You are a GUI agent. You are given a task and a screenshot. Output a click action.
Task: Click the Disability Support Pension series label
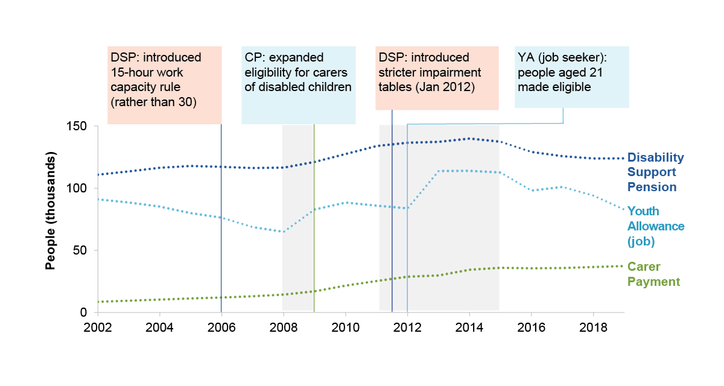point(656,172)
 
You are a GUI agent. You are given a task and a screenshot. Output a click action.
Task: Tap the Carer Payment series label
point(653,274)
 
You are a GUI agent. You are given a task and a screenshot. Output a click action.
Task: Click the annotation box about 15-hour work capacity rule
point(164,84)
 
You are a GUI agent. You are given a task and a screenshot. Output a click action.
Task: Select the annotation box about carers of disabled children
point(298,84)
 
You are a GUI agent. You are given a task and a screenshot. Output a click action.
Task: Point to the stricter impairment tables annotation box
point(437,78)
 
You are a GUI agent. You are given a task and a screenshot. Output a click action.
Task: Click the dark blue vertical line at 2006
point(221,241)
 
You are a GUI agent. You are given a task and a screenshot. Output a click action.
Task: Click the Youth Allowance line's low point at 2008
point(284,232)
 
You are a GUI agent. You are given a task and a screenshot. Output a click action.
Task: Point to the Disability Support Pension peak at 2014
point(469,139)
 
